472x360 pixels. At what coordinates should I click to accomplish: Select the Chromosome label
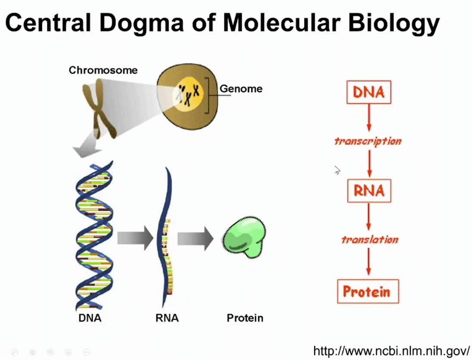[x=103, y=70]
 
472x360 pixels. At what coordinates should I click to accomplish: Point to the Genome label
[x=241, y=89]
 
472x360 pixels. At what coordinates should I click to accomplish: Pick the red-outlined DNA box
[x=369, y=92]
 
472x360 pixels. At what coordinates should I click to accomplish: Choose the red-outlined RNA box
[x=369, y=191]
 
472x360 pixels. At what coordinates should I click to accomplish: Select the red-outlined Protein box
[x=368, y=291]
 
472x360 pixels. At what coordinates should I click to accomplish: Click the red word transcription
[x=368, y=141]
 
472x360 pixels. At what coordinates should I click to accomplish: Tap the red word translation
[x=370, y=240]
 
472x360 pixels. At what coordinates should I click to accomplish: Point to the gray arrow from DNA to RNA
[x=135, y=238]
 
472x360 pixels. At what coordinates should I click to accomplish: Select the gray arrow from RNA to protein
[x=195, y=238]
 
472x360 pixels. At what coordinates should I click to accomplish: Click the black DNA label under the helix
[x=90, y=318]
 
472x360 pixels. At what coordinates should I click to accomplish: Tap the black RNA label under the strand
[x=167, y=318]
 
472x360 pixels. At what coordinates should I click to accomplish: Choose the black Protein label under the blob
[x=245, y=318]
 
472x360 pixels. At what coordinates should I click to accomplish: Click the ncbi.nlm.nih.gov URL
[x=391, y=351]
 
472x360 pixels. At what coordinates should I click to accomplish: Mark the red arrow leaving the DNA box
[x=369, y=118]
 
